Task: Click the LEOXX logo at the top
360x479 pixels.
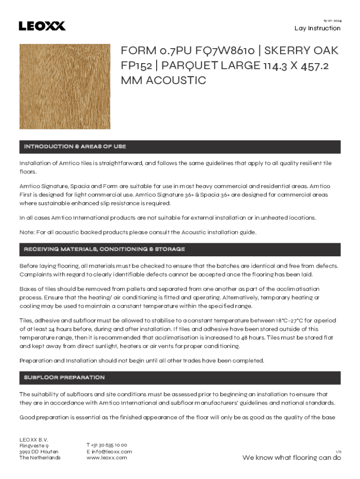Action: tap(42, 26)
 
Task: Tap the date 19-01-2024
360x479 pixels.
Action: tap(332, 21)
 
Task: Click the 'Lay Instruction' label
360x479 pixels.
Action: tap(317, 28)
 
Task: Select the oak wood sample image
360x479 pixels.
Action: tap(65, 87)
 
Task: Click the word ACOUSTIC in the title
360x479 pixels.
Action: tap(176, 80)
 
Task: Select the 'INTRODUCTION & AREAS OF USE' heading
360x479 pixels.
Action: tap(75, 147)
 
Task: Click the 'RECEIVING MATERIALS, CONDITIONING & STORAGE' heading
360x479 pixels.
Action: tap(104, 249)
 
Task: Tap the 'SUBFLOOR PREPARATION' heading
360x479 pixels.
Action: tap(64, 377)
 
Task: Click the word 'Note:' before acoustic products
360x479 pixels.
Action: tap(27, 232)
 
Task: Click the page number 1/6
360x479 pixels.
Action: tap(338, 451)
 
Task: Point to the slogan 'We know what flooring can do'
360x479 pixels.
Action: tap(291, 458)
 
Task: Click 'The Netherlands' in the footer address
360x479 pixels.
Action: tap(40, 457)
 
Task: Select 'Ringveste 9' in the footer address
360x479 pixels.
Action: tap(34, 445)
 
